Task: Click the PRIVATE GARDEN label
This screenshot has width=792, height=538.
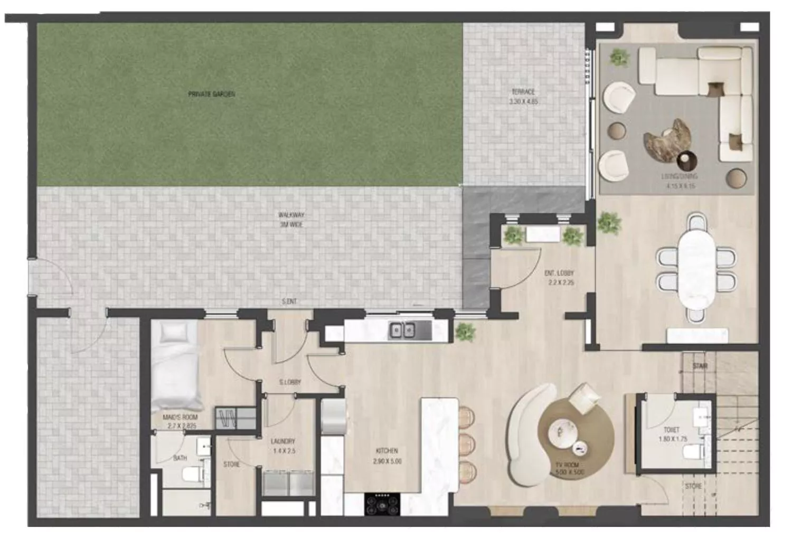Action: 212,94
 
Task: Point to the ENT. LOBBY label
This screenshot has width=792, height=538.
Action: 559,278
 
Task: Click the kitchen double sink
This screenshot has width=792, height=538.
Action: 402,331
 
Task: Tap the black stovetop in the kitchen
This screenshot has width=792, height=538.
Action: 382,503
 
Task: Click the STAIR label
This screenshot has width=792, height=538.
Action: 700,366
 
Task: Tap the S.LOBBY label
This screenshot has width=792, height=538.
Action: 290,382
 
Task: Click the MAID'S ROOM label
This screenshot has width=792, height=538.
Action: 180,421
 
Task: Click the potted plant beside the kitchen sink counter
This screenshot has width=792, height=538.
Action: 464,331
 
